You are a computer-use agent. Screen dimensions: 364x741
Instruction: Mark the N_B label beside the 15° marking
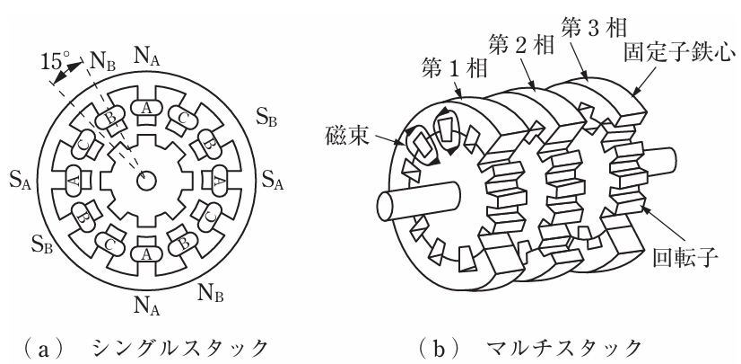click(x=101, y=62)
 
